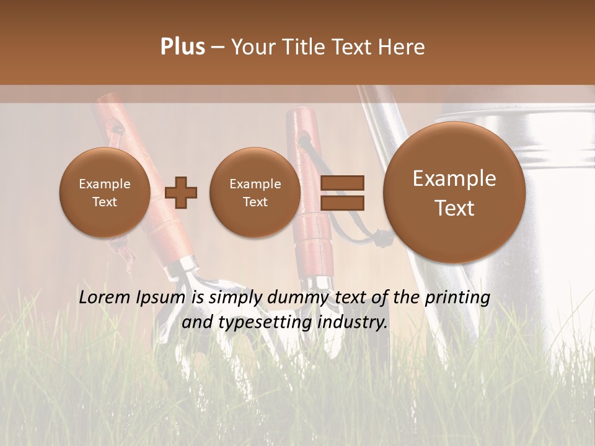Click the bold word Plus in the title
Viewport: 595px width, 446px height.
point(182,47)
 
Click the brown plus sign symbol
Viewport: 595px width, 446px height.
point(181,193)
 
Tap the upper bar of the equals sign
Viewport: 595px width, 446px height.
point(342,183)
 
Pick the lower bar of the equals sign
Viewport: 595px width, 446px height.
point(342,203)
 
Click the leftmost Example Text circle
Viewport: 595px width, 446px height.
point(105,193)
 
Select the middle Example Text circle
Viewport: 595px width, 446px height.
point(255,193)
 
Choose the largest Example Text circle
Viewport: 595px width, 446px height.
point(454,193)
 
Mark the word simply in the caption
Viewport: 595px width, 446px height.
point(232,298)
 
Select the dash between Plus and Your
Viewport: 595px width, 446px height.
point(218,47)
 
